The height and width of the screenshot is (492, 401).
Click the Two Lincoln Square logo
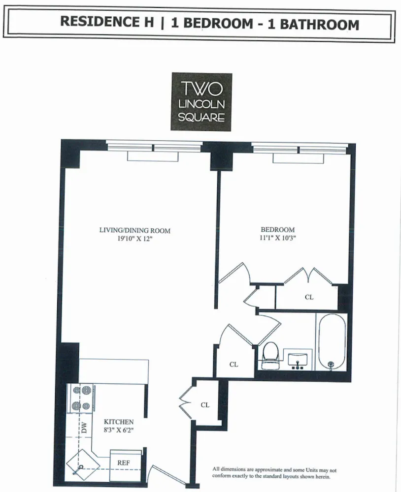click(x=201, y=102)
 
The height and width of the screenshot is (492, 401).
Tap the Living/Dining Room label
click(x=134, y=230)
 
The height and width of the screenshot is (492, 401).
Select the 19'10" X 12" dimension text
click(x=134, y=238)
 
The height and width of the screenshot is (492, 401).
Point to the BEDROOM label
click(x=277, y=230)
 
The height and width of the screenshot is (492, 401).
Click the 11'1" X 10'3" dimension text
click(x=277, y=238)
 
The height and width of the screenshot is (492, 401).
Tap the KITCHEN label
click(x=118, y=422)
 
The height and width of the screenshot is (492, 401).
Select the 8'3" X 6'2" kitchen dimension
click(x=118, y=430)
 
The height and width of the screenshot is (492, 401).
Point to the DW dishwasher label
click(x=83, y=428)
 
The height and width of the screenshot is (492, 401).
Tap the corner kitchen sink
click(x=80, y=464)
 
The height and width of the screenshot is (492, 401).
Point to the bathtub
click(x=332, y=343)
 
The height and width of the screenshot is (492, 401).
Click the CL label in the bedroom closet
click(x=309, y=297)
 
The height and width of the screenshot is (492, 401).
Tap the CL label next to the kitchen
click(x=205, y=405)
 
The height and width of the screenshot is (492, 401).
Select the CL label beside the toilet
click(x=234, y=365)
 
